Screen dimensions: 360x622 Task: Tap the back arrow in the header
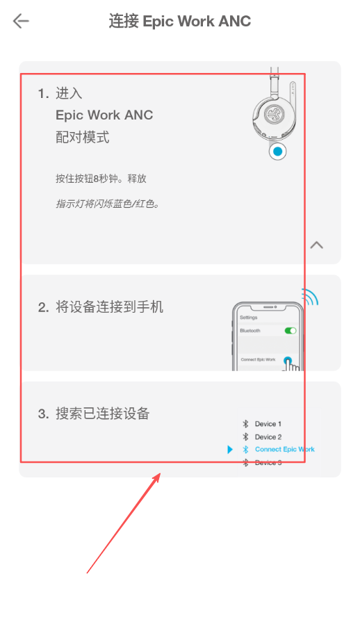[x=21, y=21]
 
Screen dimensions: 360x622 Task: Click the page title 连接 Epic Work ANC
[x=180, y=21]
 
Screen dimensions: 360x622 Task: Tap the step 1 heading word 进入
[x=69, y=93]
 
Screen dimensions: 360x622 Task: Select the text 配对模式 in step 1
[x=83, y=137]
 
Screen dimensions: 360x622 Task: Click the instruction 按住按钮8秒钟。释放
[x=101, y=179]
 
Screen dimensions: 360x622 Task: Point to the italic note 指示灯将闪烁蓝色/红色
[x=107, y=204]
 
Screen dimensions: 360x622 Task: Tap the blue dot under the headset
[x=277, y=151]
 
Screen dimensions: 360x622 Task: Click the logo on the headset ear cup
[x=274, y=114]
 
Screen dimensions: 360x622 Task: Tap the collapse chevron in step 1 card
[x=316, y=245]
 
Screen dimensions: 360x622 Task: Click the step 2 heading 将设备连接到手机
[x=109, y=307]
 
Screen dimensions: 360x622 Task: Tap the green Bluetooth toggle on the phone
[x=291, y=330]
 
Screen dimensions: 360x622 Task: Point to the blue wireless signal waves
[x=310, y=297]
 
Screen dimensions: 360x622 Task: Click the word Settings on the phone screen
[x=249, y=318]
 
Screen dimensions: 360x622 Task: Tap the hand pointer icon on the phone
[x=291, y=365]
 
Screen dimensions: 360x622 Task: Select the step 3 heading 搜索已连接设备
[x=102, y=414]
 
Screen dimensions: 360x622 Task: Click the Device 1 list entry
[x=262, y=424]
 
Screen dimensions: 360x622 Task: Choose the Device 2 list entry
[x=262, y=436]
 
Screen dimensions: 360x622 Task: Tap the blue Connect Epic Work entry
[x=279, y=450]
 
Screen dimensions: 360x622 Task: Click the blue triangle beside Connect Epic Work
[x=230, y=450]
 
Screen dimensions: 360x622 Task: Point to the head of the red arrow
[x=160, y=473]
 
